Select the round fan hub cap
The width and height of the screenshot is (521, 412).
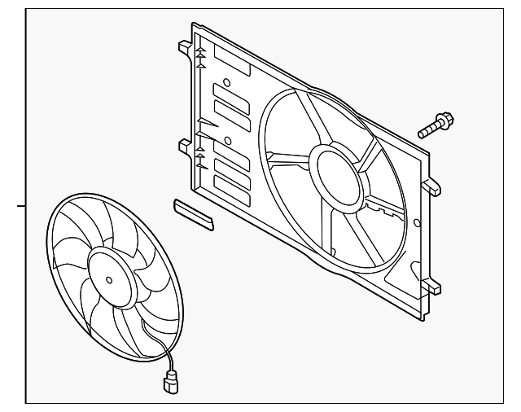115,278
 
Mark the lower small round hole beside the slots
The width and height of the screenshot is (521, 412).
228,142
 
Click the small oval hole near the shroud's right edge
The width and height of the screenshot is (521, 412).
417,221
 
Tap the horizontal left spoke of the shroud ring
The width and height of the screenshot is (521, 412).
287,155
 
